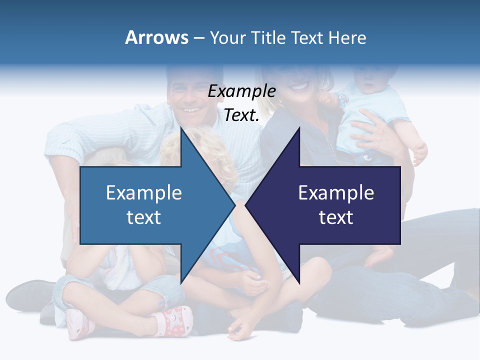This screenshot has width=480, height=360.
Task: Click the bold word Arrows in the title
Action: click(156, 37)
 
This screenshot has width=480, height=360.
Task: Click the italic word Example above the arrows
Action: click(242, 91)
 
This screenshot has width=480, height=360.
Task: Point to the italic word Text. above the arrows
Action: click(242, 115)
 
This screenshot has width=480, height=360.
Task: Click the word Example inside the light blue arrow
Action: click(144, 192)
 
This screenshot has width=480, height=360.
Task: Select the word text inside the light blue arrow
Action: click(144, 217)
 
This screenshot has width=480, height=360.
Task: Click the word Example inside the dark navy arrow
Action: click(336, 192)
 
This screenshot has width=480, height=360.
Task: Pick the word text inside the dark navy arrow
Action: click(336, 217)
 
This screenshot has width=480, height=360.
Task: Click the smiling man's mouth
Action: click(190, 109)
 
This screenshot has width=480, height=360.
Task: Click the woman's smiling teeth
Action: click(299, 87)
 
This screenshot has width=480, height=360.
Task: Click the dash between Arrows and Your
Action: click(198, 38)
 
